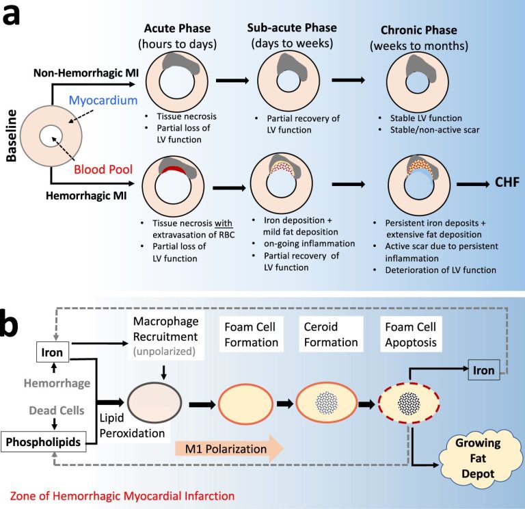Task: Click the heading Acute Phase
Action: [x=177, y=29]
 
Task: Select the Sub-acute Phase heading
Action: [x=292, y=28]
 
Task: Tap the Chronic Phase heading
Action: [x=419, y=30]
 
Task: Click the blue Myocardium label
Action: [x=103, y=100]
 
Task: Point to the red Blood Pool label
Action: [x=103, y=169]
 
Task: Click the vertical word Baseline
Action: [x=12, y=135]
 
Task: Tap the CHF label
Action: [x=507, y=182]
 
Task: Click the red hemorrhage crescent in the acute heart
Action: [x=174, y=170]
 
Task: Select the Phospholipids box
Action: [x=43, y=442]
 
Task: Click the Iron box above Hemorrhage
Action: [x=52, y=352]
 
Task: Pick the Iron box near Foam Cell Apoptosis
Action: [x=484, y=370]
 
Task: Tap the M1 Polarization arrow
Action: [x=229, y=449]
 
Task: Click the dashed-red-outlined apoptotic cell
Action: [x=409, y=403]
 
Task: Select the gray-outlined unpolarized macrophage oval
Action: [x=154, y=403]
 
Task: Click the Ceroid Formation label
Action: [x=331, y=335]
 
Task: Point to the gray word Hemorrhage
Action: [x=57, y=383]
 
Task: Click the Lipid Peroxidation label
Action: [x=132, y=426]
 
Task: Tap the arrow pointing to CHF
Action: [x=473, y=184]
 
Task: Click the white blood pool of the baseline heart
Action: [x=51, y=136]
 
